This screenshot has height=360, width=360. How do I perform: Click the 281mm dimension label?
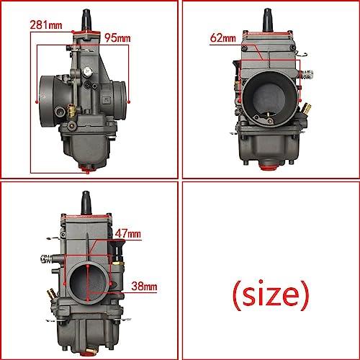point(46,25)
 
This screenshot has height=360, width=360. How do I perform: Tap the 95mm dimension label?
point(117,38)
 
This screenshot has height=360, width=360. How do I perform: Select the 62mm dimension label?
point(223,37)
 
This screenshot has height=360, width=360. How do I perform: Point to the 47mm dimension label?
point(128,233)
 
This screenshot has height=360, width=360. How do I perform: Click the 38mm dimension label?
point(144,286)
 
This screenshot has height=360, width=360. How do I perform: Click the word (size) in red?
point(271,294)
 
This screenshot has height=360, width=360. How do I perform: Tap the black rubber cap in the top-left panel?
point(86,20)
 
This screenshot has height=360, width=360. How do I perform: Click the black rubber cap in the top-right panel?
point(268,20)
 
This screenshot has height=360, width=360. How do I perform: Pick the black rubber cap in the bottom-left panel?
point(86,202)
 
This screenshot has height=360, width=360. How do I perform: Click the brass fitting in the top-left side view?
point(71,110)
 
